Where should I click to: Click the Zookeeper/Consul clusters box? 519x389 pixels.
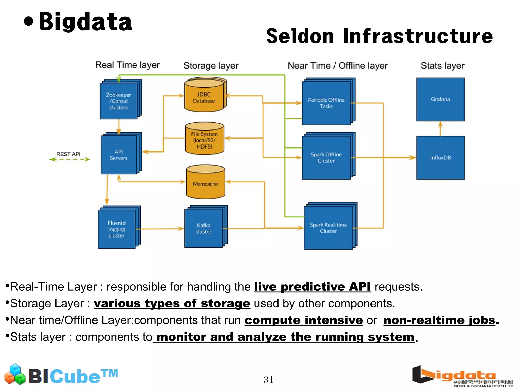pyautogui.click(x=119, y=101)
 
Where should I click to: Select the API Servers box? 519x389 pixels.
pyautogui.click(x=119, y=155)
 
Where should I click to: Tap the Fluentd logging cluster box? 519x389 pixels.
pyautogui.click(x=117, y=229)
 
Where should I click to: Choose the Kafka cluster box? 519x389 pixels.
pyautogui.click(x=203, y=228)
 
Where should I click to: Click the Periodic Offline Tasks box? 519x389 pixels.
pyautogui.click(x=326, y=103)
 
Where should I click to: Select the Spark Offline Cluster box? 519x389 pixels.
pyautogui.click(x=326, y=157)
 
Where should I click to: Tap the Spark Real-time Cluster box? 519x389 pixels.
pyautogui.click(x=328, y=228)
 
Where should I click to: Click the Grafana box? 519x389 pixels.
pyautogui.click(x=440, y=99)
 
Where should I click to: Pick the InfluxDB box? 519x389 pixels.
pyautogui.click(x=440, y=158)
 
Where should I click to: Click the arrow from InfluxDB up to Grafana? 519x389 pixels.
pyautogui.click(x=440, y=129)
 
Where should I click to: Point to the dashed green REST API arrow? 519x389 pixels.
pyautogui.click(x=69, y=159)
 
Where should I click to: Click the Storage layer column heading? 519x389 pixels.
pyautogui.click(x=211, y=66)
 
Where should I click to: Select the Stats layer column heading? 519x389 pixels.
pyautogui.click(x=442, y=66)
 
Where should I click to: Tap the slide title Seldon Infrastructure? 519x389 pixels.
pyautogui.click(x=379, y=36)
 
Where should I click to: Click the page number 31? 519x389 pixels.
pyautogui.click(x=268, y=380)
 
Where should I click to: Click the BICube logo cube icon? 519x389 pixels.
pyautogui.click(x=15, y=374)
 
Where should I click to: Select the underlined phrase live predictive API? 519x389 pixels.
pyautogui.click(x=312, y=287)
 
